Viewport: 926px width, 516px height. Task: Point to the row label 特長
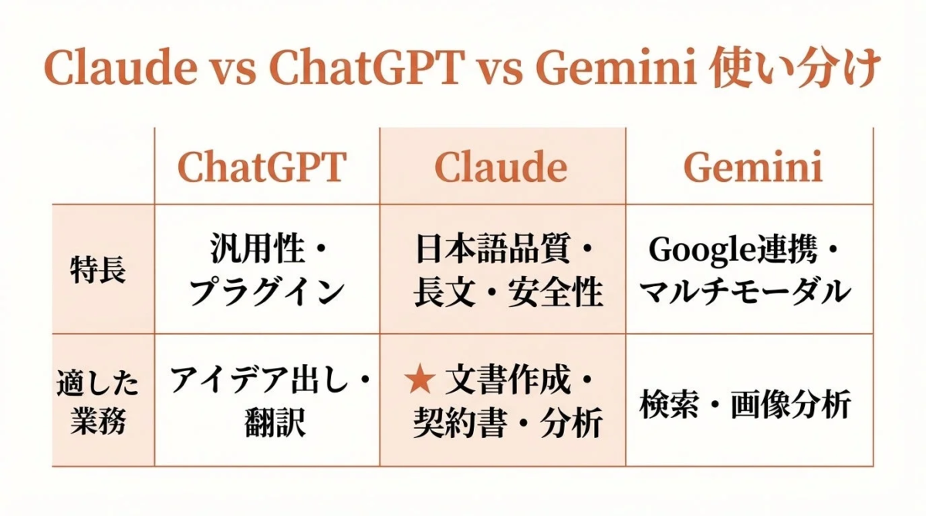pos(97,271)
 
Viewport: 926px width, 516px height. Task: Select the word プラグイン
pos(267,292)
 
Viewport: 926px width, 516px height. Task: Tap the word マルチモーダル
pos(746,292)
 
